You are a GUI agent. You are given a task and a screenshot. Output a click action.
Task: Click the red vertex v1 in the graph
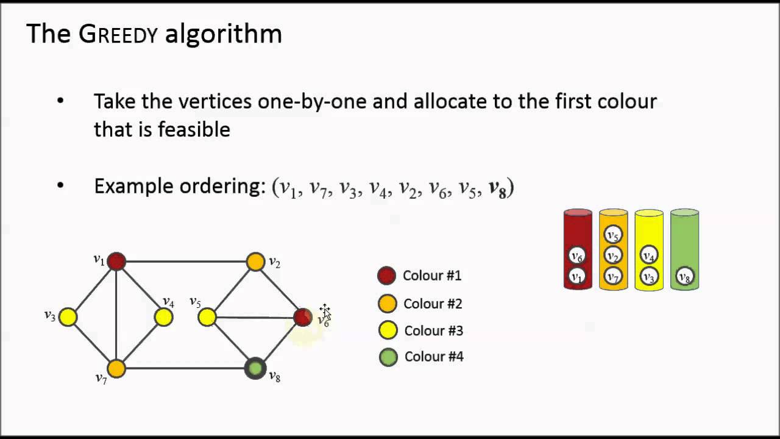[116, 262]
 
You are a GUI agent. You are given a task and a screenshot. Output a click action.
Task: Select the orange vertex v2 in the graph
[256, 262]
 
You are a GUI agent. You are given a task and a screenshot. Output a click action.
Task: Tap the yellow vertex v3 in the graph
[68, 317]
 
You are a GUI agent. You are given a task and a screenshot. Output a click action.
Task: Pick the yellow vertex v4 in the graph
[163, 317]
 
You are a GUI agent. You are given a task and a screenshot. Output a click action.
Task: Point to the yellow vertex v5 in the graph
[207, 317]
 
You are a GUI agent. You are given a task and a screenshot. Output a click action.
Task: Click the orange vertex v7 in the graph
[116, 368]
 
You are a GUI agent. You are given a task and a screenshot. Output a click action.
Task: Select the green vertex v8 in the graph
[255, 368]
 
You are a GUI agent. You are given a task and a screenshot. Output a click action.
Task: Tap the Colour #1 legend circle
[387, 276]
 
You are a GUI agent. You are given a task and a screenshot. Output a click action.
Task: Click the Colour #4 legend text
[434, 357]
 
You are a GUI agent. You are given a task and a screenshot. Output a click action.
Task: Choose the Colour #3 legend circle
[388, 330]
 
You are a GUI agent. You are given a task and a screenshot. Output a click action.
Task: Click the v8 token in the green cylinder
[685, 277]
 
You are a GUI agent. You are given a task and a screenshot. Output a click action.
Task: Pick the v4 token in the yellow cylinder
[649, 255]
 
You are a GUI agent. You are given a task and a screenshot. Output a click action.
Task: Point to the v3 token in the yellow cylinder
[649, 277]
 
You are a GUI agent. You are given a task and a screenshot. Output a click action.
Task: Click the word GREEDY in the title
[118, 34]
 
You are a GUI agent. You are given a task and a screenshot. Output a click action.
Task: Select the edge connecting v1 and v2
[186, 262]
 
